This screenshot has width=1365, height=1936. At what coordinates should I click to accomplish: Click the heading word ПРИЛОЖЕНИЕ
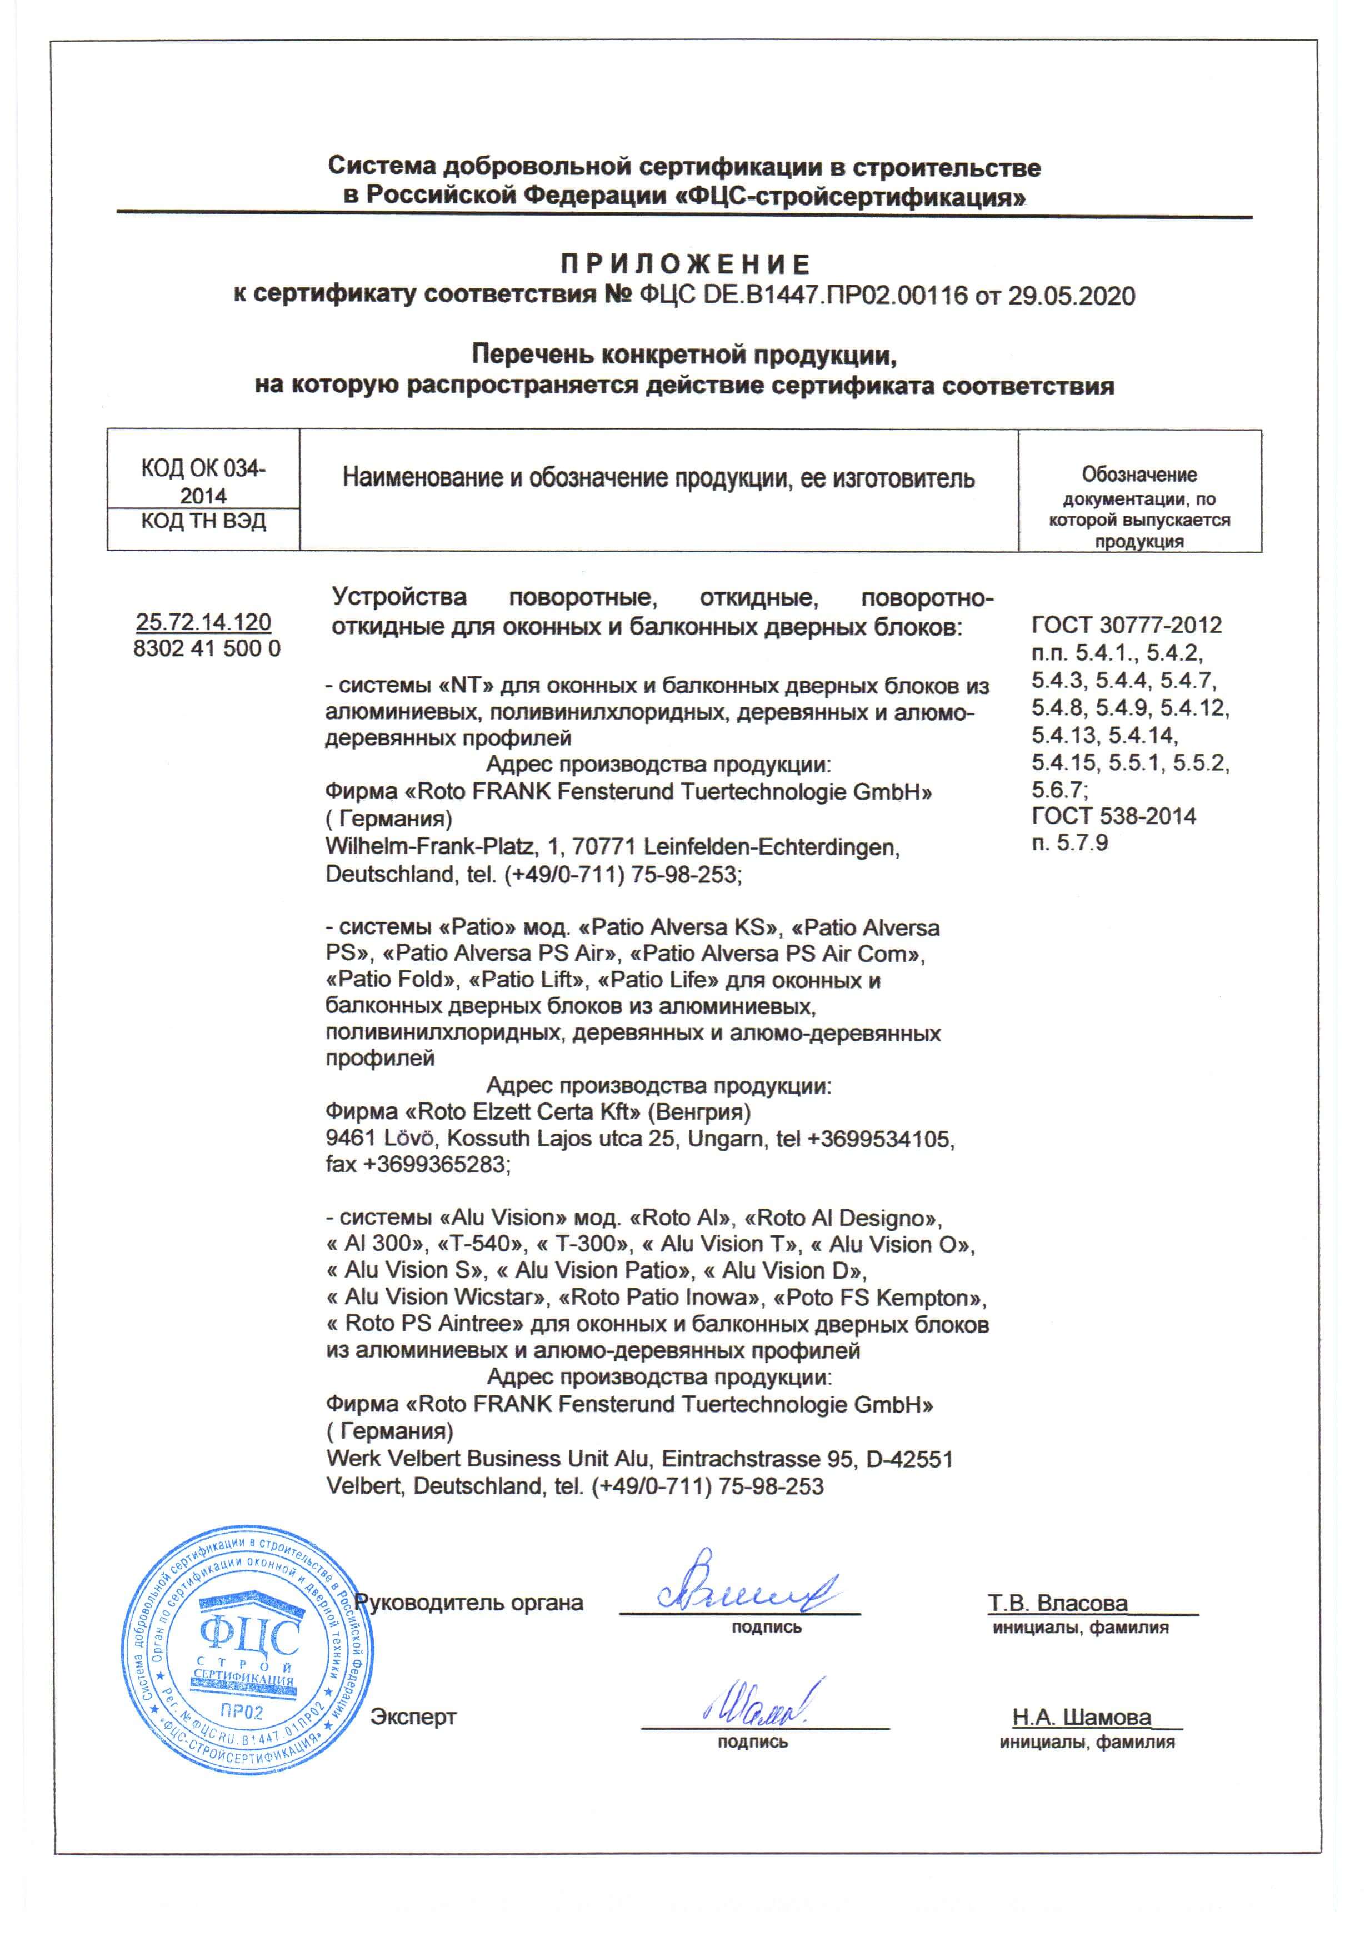coord(684,265)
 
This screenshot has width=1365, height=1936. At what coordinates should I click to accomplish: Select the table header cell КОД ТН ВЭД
coord(203,521)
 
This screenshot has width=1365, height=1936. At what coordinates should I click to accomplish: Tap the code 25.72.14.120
coord(203,622)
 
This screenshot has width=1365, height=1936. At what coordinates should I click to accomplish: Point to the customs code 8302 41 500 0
coord(207,648)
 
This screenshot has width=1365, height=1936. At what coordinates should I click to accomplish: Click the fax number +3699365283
coord(435,1165)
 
